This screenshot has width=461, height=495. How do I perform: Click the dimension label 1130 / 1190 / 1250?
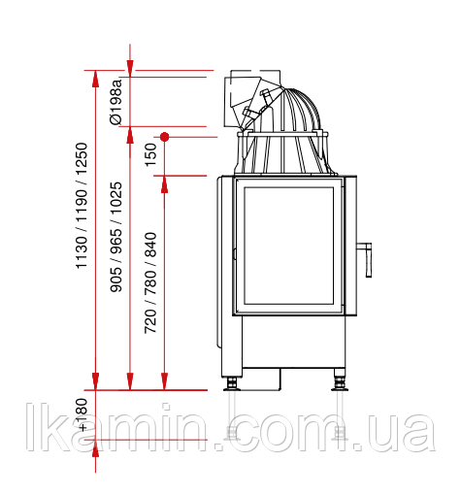coord(82,206)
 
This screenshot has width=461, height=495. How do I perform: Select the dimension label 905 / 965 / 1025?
coord(116,237)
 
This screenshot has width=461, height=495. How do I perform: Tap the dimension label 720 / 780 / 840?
coord(150,282)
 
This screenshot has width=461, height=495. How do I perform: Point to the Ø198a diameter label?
coord(116,102)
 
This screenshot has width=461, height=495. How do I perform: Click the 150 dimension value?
coord(150,155)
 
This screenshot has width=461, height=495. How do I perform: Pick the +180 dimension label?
coord(82,414)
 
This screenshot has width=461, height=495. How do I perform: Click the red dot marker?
coord(165,137)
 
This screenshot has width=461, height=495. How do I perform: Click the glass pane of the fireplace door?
coord(289,246)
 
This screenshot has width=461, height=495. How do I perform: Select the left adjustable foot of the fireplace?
coord(232,384)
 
